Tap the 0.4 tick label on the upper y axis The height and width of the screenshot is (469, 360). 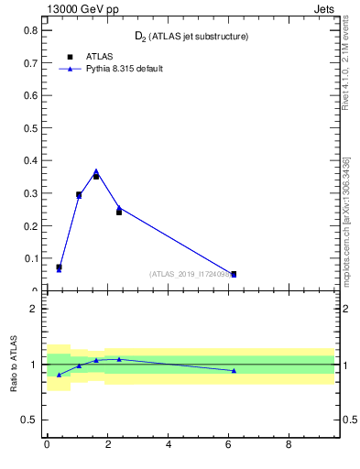pos(30,160)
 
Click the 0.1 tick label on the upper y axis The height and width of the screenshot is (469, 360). pos(30,258)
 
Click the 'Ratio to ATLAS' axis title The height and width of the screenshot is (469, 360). pos(14,364)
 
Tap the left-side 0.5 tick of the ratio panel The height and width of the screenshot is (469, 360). pos(30,420)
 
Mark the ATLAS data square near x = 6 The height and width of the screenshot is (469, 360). pos(234,274)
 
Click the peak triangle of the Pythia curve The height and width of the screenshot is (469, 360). pos(96,171)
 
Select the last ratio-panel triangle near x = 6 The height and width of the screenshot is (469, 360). pos(234,370)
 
